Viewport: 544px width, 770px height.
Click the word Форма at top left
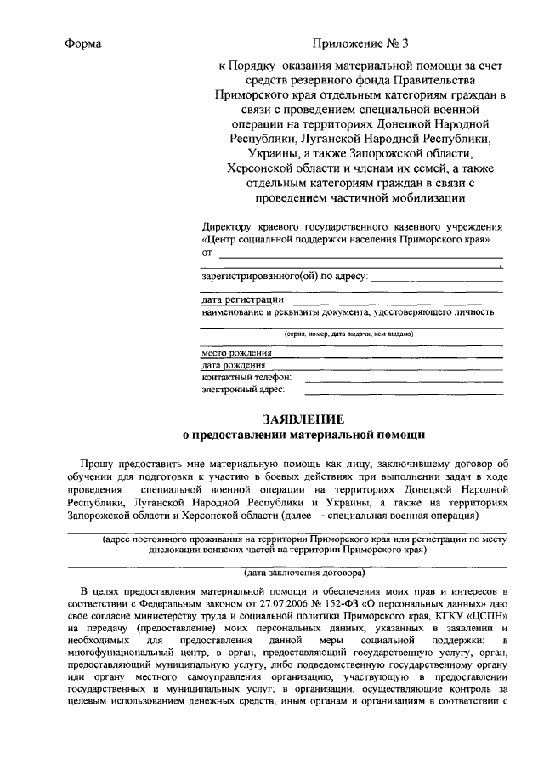coord(82,43)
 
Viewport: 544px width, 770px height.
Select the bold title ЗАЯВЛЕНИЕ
coord(303,419)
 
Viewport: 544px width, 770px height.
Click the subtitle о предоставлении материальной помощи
coord(303,435)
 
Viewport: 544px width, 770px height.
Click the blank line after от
coord(357,254)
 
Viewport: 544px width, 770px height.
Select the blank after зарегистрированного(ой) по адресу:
coord(437,277)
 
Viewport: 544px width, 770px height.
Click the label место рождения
coord(236,352)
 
